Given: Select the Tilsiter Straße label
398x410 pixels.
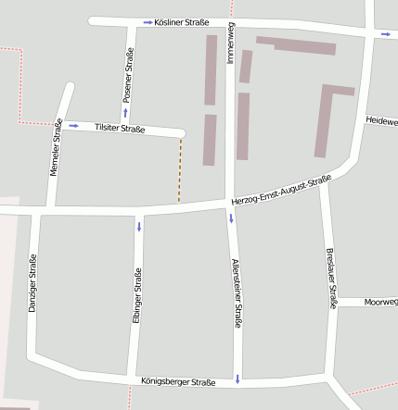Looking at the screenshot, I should point(120,129).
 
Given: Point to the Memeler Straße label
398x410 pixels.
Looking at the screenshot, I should point(58,148).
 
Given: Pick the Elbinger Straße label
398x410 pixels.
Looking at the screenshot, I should point(137,295).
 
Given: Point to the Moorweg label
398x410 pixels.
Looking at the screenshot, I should point(380,302).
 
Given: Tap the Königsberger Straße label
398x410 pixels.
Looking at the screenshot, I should point(178,381).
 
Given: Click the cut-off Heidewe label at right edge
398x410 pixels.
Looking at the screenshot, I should point(381,121).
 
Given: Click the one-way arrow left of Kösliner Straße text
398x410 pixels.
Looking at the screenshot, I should point(148,22).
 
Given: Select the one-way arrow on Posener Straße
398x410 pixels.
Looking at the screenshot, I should point(125,112).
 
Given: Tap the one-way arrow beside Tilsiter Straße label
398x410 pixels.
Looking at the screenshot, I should point(73,125).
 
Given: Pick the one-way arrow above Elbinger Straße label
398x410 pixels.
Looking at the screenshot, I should point(139,227).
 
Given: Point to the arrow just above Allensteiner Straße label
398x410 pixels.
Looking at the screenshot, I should point(232,218).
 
